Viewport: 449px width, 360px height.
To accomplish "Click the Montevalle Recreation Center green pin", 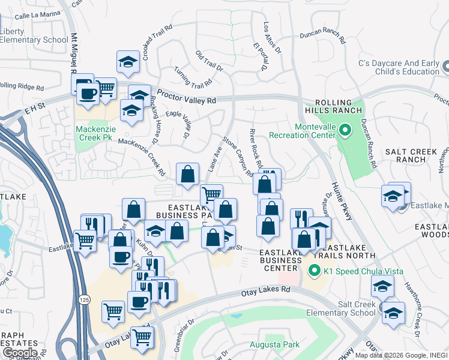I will [x=345, y=129].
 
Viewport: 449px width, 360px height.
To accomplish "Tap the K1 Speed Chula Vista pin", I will [x=313, y=271].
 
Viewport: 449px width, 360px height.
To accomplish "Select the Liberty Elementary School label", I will [x=34, y=36].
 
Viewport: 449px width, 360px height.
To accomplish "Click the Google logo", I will [x=20, y=353].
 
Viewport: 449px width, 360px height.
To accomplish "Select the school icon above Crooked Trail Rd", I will [x=128, y=61].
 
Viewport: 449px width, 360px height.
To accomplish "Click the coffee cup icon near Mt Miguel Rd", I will [x=88, y=94].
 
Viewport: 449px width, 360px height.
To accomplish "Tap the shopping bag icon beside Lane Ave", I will [x=188, y=174].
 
